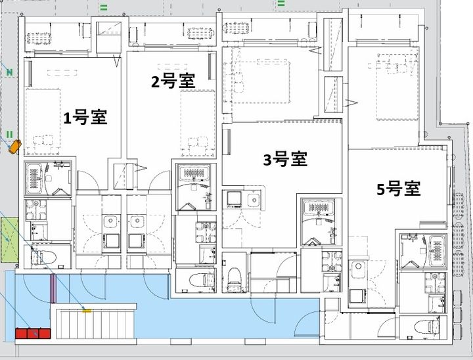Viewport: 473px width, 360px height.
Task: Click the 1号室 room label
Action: tap(85, 118)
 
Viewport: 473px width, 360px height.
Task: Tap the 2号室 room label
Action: tap(173, 81)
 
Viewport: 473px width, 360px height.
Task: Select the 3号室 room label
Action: tap(285, 159)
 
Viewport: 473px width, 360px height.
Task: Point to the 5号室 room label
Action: tap(399, 189)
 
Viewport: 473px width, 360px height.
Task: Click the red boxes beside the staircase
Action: tap(33, 334)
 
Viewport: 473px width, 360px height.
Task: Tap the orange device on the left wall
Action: tap(14, 146)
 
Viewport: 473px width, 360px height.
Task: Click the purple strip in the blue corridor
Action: tap(53, 288)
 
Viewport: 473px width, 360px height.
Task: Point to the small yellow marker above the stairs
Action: tap(87, 309)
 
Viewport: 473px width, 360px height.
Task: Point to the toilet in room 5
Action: tap(426, 326)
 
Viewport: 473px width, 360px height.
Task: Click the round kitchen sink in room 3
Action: tap(254, 200)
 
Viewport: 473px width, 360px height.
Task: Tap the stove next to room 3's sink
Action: tap(234, 199)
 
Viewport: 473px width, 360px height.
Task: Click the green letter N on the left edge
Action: tap(10, 72)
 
